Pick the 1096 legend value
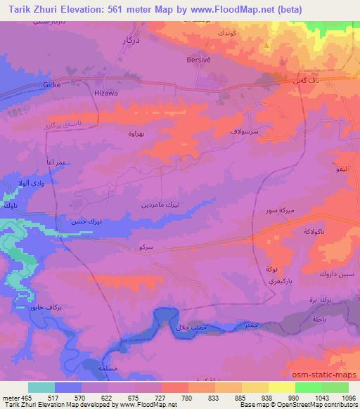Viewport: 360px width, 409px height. click(x=349, y=398)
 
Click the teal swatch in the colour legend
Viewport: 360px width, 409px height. click(x=41, y=387)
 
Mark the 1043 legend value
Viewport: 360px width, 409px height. click(x=321, y=398)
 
